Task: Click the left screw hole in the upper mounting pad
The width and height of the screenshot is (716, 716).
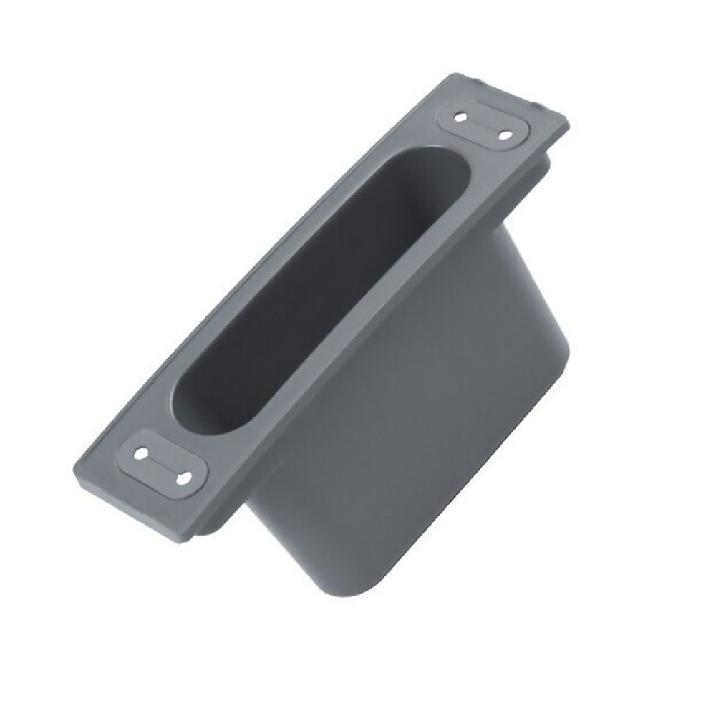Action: tap(460, 116)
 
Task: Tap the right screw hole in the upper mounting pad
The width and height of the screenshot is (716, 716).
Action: tap(505, 135)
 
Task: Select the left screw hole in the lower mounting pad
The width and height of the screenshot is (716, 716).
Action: tap(141, 453)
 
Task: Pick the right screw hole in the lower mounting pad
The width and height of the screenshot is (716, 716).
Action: tap(185, 477)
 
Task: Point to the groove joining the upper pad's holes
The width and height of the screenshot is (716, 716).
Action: tap(483, 125)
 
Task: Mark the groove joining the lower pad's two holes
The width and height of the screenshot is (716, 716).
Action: tap(163, 465)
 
